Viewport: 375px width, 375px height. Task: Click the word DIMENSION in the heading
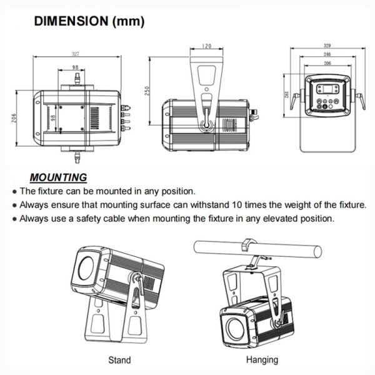coord(71,21)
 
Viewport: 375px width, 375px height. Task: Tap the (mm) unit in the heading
coord(128,21)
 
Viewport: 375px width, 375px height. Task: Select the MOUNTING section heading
coord(58,177)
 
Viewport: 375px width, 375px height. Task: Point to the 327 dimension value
coord(76,54)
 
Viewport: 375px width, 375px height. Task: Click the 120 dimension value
coord(207,46)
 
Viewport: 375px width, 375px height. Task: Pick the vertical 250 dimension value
coord(147,91)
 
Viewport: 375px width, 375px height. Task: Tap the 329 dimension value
coord(327,46)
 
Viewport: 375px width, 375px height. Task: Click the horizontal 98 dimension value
coord(76,67)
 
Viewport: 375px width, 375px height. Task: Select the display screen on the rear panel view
coord(327,89)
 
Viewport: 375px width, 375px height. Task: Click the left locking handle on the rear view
coord(294,101)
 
